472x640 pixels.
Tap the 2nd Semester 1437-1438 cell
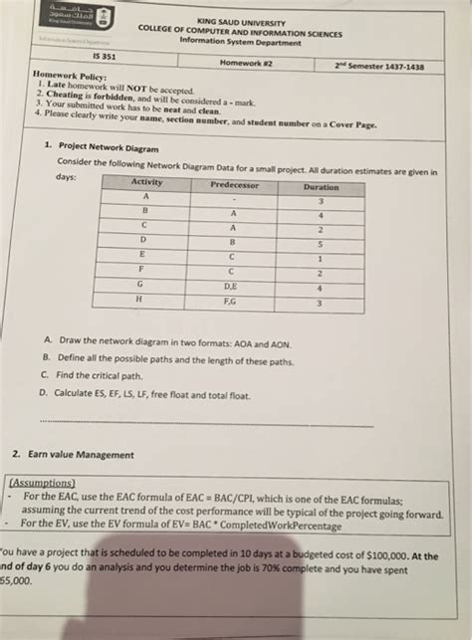coord(379,67)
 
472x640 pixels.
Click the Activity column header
coord(146,182)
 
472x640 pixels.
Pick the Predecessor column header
coord(235,185)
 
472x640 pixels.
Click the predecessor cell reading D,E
coord(232,287)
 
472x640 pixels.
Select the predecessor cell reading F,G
coord(232,302)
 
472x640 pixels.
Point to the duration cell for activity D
coord(320,244)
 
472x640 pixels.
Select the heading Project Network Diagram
coord(102,144)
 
